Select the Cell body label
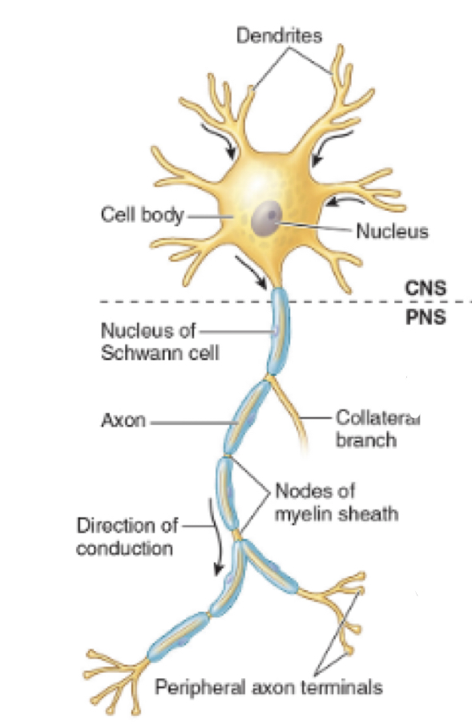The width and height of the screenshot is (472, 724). point(142,215)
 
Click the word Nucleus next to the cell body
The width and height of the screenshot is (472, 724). point(393,232)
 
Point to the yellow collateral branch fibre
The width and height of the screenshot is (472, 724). point(296,417)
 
